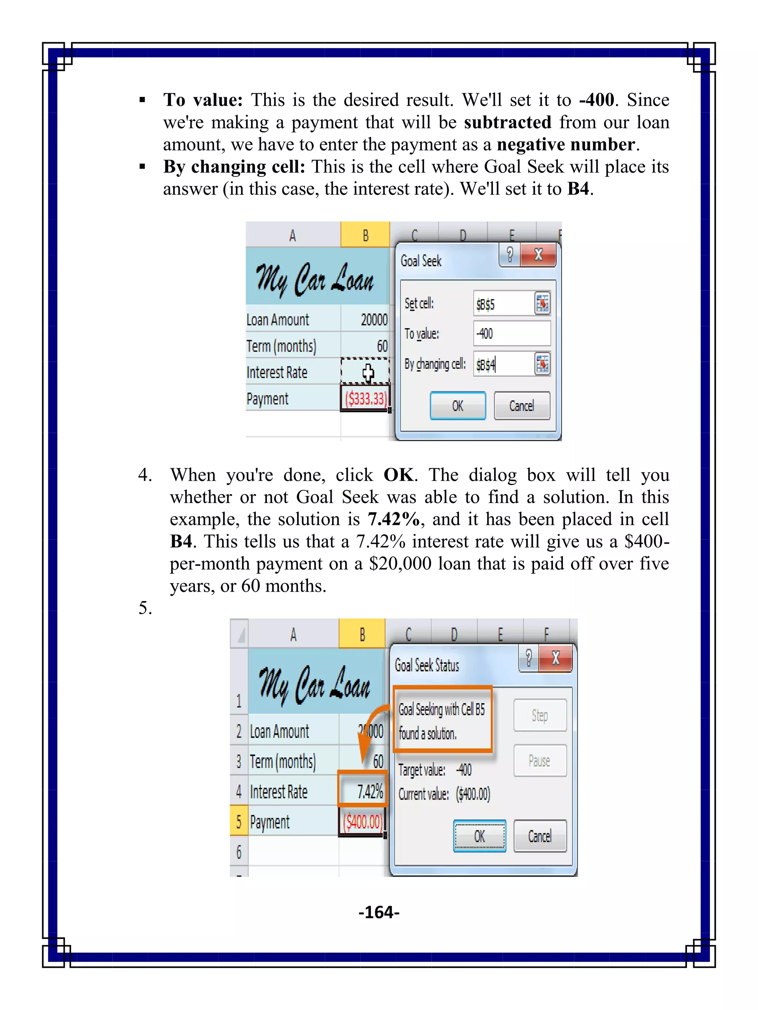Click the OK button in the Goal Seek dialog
pos(457,405)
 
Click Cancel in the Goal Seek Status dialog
pos(540,836)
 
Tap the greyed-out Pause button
pos(540,761)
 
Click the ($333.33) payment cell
pos(366,399)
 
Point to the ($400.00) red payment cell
pos(362,822)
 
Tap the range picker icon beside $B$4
pos(542,364)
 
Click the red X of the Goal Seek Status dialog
pos(556,658)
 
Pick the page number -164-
pos(379,912)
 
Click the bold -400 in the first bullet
pos(597,100)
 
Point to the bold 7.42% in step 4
pos(393,519)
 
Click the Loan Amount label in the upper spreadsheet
pos(278,320)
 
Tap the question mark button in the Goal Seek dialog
pos(510,254)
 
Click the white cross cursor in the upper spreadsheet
pos(368,372)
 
